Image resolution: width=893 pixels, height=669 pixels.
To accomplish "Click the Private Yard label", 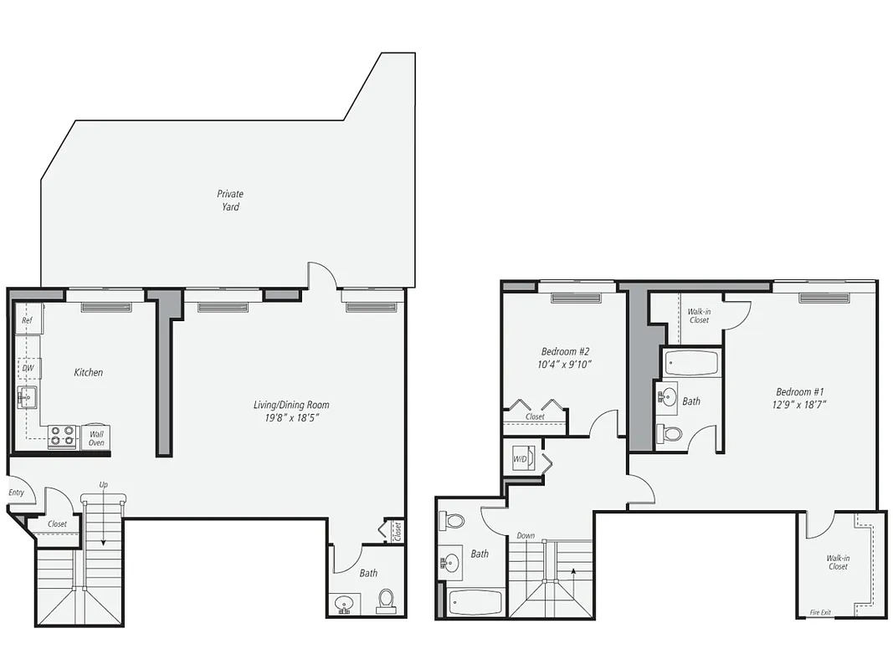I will point(231,200).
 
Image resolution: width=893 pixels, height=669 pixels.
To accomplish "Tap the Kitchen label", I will point(88,372).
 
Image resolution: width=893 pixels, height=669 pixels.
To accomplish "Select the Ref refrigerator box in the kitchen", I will point(28,320).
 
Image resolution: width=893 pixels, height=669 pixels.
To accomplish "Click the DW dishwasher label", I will point(28,368).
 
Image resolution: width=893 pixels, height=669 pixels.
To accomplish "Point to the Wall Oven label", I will point(96,437).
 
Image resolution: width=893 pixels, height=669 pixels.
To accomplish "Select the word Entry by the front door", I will point(16,493).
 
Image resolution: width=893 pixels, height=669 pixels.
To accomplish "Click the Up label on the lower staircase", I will point(103,484).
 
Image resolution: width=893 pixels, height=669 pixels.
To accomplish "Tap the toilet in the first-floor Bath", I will point(386,600).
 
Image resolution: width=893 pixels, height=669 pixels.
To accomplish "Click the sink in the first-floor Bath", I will point(343,602).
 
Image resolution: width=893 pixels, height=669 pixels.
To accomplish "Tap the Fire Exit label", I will point(820,612).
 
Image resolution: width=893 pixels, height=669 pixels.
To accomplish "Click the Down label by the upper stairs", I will point(526,536).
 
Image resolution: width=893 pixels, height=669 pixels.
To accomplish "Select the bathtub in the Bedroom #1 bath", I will point(691,363).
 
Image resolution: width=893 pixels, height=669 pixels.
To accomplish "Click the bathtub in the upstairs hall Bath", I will point(475,602).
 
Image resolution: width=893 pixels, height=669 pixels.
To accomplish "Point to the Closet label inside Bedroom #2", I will point(535,416).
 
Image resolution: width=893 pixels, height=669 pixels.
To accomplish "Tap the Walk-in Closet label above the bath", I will point(699,315).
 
